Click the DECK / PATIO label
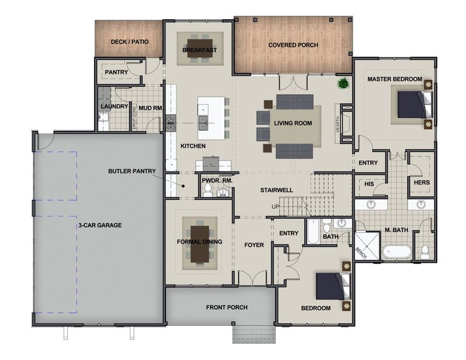pyautogui.click(x=129, y=42)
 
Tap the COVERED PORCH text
pyautogui.click(x=293, y=45)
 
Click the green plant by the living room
pyautogui.click(x=344, y=83)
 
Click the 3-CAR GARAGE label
pyautogui.click(x=100, y=225)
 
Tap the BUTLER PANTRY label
pyautogui.click(x=131, y=171)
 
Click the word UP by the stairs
pyautogui.click(x=276, y=207)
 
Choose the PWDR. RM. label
pyautogui.click(x=216, y=180)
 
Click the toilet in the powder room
pyautogui.click(x=207, y=191)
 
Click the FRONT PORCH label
pyautogui.click(x=226, y=307)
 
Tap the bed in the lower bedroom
pyautogui.click(x=330, y=286)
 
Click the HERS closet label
pyautogui.click(x=422, y=182)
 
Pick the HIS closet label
pyautogui.click(x=369, y=184)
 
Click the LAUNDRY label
pyautogui.click(x=114, y=107)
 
